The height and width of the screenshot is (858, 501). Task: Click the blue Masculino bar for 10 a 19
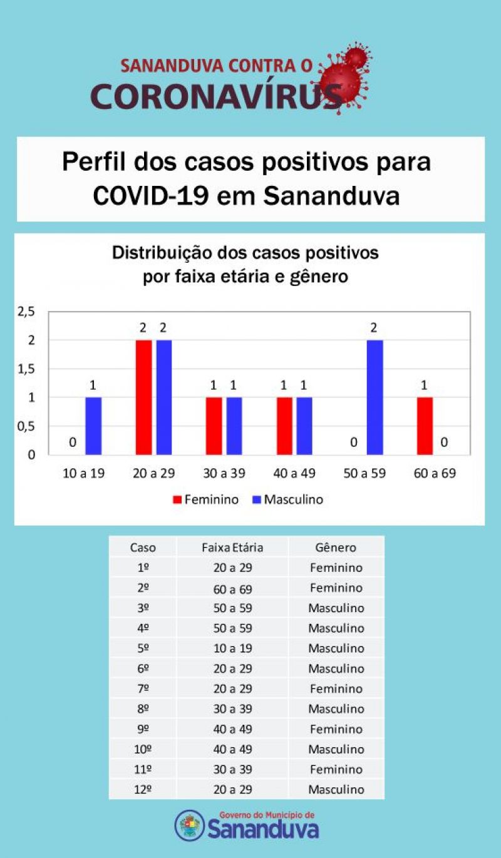(x=93, y=426)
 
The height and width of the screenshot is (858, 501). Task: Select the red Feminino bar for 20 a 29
(x=143, y=397)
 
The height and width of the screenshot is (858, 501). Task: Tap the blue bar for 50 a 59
(x=374, y=397)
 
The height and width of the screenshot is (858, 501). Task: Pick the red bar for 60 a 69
(x=425, y=426)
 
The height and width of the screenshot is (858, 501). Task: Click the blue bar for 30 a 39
(x=234, y=426)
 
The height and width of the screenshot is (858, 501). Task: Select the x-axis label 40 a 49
(x=294, y=473)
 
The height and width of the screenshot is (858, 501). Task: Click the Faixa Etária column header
(x=232, y=548)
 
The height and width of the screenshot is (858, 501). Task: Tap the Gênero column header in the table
(x=336, y=548)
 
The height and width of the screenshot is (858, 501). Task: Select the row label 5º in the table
(x=143, y=648)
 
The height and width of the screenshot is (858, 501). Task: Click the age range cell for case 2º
(x=232, y=588)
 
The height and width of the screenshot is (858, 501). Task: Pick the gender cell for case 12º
(x=336, y=789)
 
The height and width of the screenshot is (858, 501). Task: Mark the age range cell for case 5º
(x=232, y=648)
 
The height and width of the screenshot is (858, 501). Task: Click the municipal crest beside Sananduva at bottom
(x=189, y=825)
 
